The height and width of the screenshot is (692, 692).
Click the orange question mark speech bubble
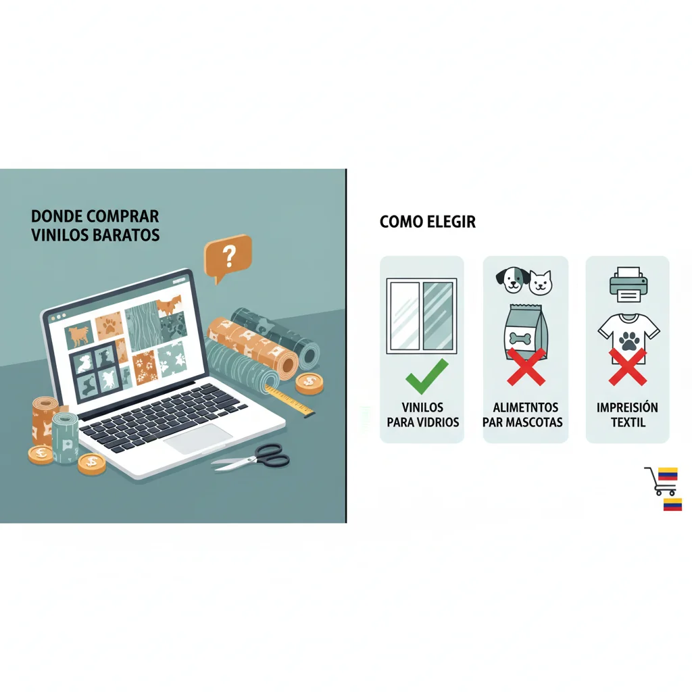point(228,257)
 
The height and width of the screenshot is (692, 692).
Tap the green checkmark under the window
point(426,376)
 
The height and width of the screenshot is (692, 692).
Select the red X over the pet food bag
point(526,367)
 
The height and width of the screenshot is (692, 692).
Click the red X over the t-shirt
point(628,367)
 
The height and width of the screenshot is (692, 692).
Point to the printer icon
point(628,285)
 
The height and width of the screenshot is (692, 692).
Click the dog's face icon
point(512,280)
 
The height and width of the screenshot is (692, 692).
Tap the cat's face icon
point(541,282)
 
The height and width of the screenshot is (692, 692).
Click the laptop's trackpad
point(198,439)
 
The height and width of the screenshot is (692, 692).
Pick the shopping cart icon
point(660,482)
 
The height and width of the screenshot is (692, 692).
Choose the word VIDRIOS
point(437,422)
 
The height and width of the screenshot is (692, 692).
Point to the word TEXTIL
point(628,422)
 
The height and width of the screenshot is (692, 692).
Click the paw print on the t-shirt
point(629,341)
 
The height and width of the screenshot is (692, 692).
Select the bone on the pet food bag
point(520,339)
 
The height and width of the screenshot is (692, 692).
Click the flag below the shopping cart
point(672,504)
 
